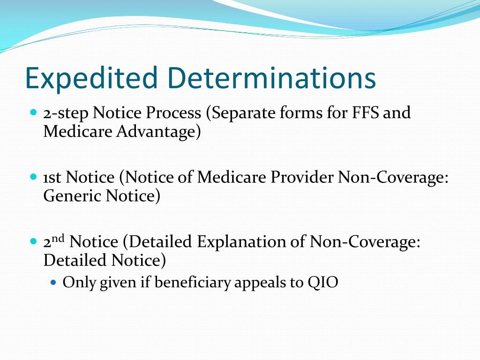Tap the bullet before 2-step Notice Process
[33, 113]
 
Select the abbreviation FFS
[366, 113]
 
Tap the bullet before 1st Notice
[33, 178]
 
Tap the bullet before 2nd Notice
[33, 242]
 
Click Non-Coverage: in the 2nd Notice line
[365, 242]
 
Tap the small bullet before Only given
[53, 283]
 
